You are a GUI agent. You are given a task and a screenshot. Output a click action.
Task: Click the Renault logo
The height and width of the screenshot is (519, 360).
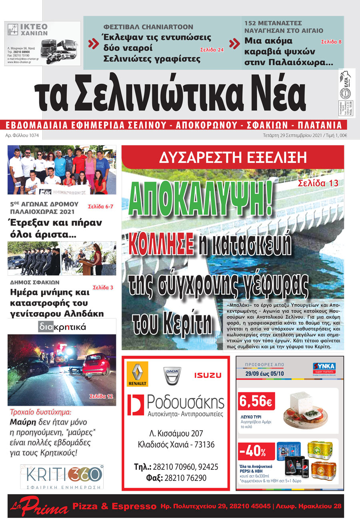pyautogui.click(x=138, y=375)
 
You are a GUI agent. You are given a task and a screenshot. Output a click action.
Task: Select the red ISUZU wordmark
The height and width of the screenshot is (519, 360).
pyautogui.click(x=208, y=375)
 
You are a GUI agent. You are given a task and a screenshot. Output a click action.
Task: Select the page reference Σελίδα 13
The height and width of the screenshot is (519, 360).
pyautogui.click(x=318, y=183)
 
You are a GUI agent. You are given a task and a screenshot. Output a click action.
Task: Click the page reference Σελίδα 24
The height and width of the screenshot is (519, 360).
pyautogui.click(x=212, y=50)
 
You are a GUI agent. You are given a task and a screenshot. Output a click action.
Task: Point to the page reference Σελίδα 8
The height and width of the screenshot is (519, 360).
pyautogui.click(x=331, y=42)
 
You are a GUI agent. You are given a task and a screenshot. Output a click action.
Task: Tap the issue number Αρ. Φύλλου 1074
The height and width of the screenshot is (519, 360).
pyautogui.click(x=22, y=135)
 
